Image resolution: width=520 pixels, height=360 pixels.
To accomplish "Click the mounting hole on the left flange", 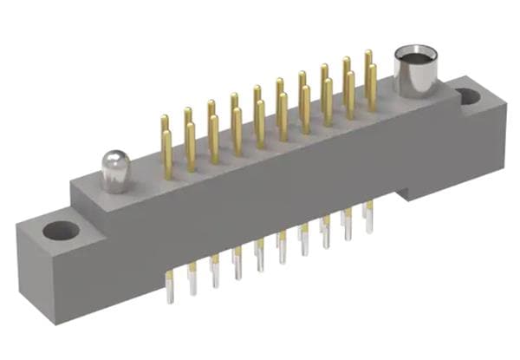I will (x=61, y=231).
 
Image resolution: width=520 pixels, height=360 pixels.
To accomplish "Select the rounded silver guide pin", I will (x=114, y=171).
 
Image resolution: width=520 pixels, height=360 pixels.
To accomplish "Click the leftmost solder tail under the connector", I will (x=170, y=286).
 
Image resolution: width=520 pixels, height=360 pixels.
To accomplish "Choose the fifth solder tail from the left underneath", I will (x=259, y=257).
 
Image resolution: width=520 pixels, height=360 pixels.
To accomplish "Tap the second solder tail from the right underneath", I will (x=348, y=225).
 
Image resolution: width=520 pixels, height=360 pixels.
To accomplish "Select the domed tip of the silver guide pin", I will (x=114, y=158).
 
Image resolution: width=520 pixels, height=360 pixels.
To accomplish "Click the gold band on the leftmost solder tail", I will (x=170, y=276).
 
